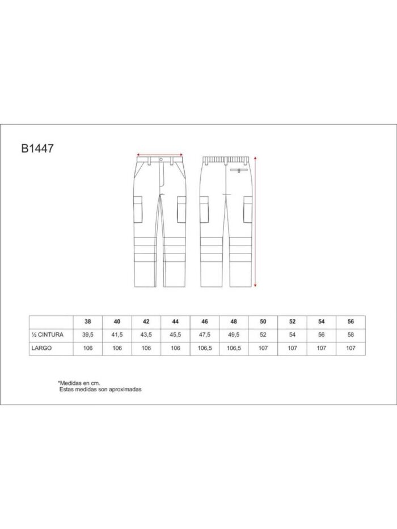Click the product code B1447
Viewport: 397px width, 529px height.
pos(37,149)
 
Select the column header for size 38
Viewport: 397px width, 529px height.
pos(88,321)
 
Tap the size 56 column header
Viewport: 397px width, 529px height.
pos(350,321)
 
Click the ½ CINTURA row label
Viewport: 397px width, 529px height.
pos(47,335)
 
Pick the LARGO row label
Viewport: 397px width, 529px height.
pos(41,348)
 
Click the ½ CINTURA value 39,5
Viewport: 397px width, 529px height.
pos(88,335)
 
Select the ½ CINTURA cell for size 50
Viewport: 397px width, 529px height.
pos(263,335)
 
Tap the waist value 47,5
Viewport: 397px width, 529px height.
pos(205,335)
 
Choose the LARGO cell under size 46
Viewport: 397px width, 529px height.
pos(205,348)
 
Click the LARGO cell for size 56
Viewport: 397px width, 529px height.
pos(350,348)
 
